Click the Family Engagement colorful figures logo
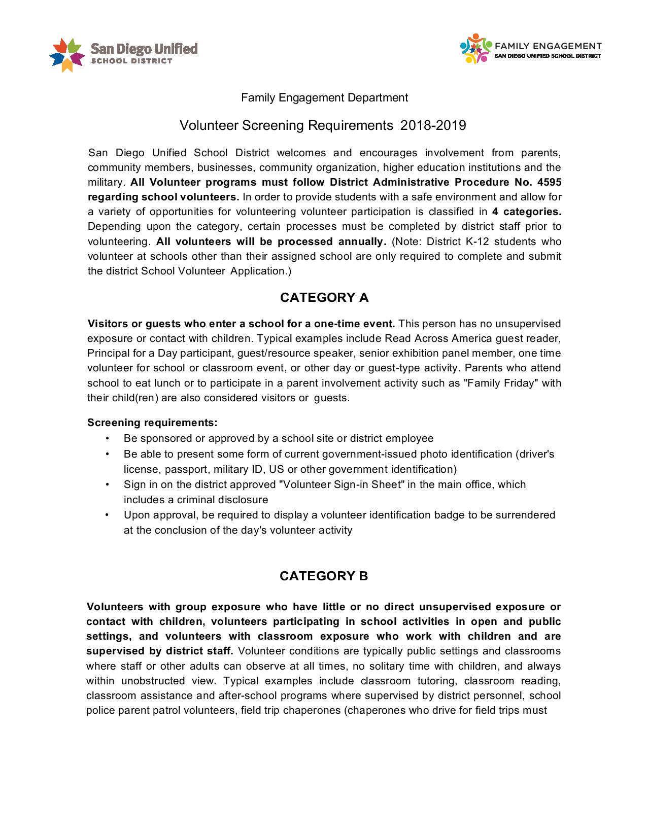tap(476, 49)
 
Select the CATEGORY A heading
tap(324, 298)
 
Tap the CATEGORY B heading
tap(324, 576)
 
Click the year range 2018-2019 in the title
tap(433, 125)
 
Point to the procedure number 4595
tap(549, 183)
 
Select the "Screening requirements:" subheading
tap(152, 423)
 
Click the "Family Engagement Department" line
tap(324, 97)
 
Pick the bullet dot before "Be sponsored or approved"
tap(108, 438)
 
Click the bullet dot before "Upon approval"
tap(108, 515)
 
